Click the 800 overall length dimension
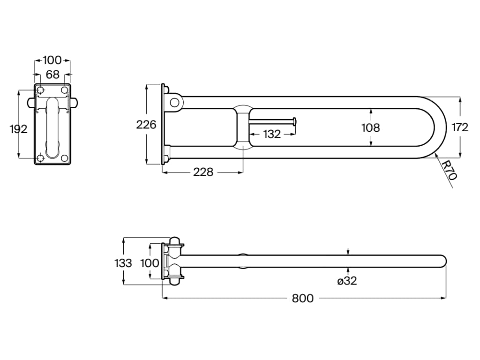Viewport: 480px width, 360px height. point(303,299)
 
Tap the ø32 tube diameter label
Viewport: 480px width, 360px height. point(347,281)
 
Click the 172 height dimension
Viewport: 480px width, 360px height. point(460,127)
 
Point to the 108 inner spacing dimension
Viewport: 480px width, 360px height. point(370,127)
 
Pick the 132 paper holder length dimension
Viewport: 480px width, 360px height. point(272,134)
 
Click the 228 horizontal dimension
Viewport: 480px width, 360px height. point(203,172)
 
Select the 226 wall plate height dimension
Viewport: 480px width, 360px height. point(146,125)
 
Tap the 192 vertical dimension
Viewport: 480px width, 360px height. point(19,129)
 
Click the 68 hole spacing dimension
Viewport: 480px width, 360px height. point(53,74)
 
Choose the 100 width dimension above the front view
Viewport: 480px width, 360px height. point(52,60)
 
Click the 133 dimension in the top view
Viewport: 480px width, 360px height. point(123,262)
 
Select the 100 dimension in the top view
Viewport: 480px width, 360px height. point(150,262)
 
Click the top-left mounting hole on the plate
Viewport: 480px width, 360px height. point(41,90)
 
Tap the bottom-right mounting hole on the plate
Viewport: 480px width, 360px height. point(64,158)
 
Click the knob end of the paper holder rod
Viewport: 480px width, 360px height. point(294,121)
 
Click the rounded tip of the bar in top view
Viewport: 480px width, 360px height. point(442,261)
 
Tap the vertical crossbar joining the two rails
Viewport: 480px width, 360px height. point(243,127)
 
